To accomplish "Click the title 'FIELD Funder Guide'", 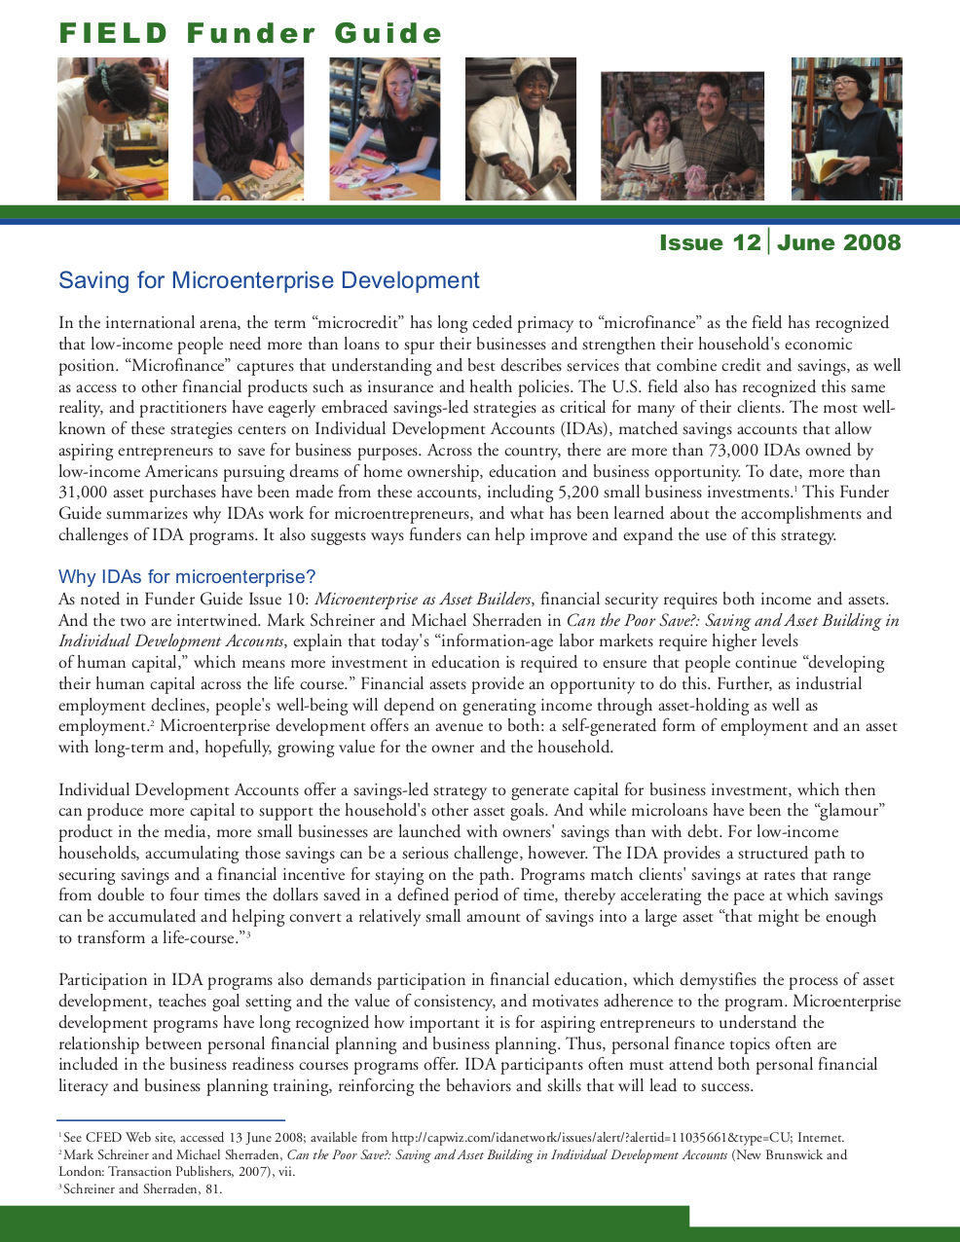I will tap(250, 34).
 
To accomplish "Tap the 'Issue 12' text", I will tap(710, 242).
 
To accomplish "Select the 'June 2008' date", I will tap(839, 242).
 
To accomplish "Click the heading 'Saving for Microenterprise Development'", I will tap(269, 281).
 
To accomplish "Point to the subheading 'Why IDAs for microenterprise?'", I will tap(187, 577).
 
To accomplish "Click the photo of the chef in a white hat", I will tap(520, 128).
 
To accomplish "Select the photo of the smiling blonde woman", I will tap(385, 128).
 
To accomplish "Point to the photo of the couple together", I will tap(682, 136).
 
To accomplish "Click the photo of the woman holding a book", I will tap(846, 128).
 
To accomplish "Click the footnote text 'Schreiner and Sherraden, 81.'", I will tap(142, 1188).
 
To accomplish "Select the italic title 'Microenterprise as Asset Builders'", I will tap(423, 600).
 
